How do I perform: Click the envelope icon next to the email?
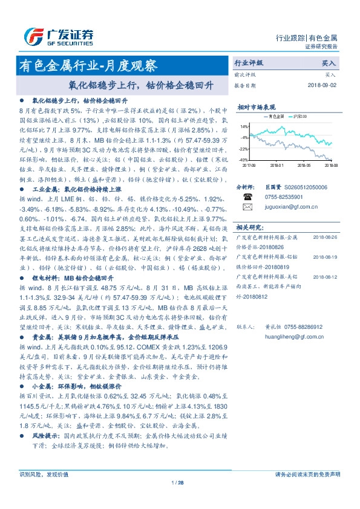(247, 207)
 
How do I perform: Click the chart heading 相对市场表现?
(257, 106)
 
